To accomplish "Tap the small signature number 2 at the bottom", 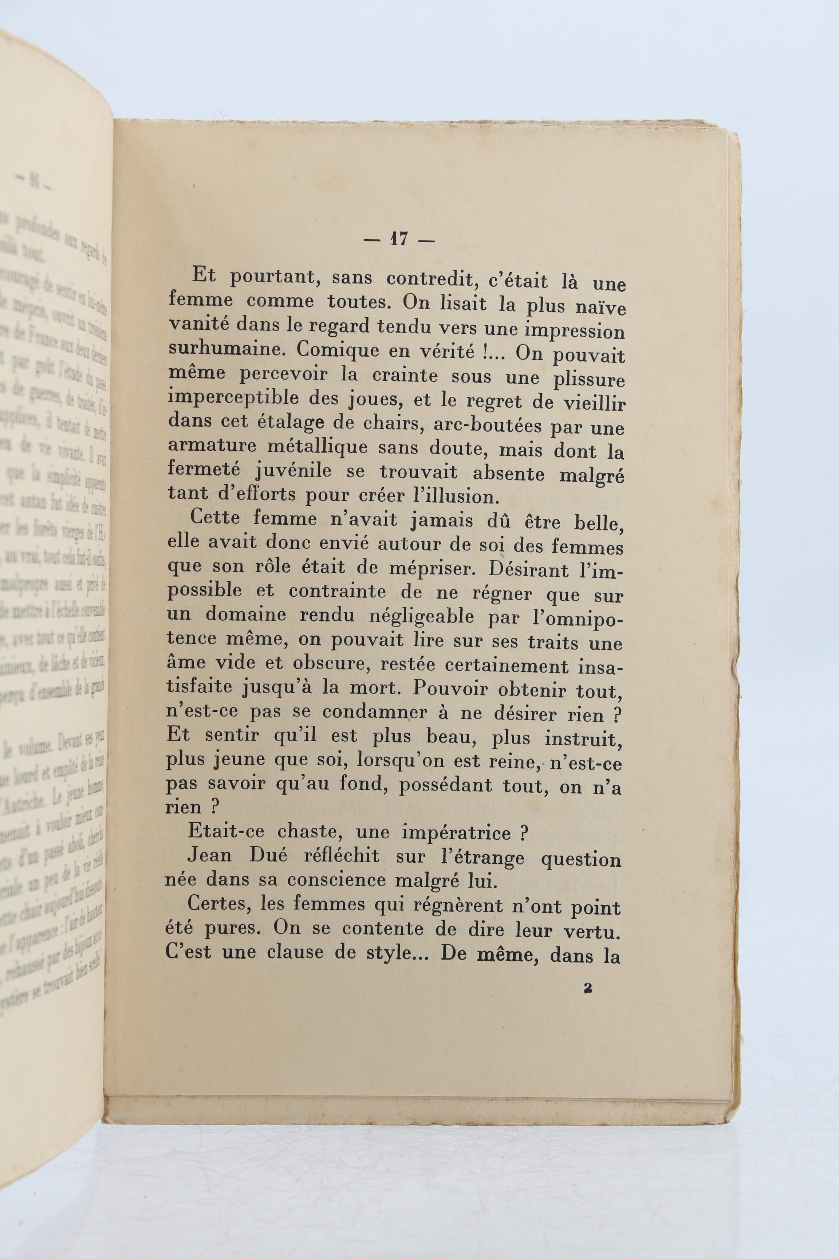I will [x=588, y=989].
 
